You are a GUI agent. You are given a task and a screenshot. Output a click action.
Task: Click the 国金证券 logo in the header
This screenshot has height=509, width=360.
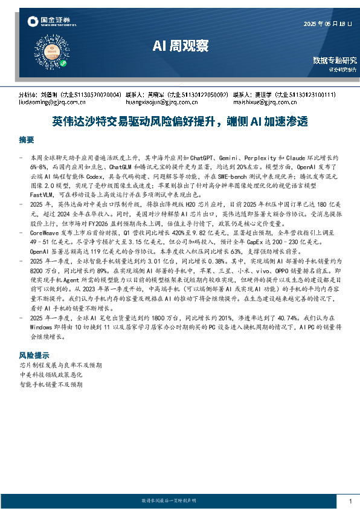click(49, 22)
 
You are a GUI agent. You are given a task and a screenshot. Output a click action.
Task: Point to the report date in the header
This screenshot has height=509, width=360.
click(329, 24)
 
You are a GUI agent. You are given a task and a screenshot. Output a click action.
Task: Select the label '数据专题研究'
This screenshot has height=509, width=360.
click(335, 60)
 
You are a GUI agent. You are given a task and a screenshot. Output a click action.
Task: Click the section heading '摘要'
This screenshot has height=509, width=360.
click(27, 140)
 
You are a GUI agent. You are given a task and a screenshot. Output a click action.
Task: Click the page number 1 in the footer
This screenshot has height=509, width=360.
click(350, 501)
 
